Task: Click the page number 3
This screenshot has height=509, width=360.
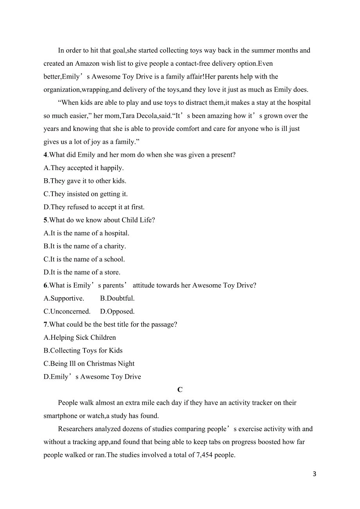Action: pyautogui.click(x=315, y=474)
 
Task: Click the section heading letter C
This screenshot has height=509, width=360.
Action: pyautogui.click(x=180, y=390)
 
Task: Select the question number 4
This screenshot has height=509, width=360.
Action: pyautogui.click(x=45, y=155)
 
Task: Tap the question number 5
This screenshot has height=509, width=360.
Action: pyautogui.click(x=45, y=220)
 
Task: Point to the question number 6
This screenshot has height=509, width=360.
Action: pyautogui.click(x=45, y=285)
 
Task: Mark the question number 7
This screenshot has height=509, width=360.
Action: pyautogui.click(x=45, y=324)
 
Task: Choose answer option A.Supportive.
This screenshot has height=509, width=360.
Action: pyautogui.click(x=64, y=298)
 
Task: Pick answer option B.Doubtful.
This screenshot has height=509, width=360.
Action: pyautogui.click(x=117, y=298)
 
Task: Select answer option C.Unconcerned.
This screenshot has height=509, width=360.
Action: pyautogui.click(x=67, y=312)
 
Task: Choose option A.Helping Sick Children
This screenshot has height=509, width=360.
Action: pyautogui.click(x=80, y=337)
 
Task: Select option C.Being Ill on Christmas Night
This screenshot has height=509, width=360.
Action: pyautogui.click(x=89, y=364)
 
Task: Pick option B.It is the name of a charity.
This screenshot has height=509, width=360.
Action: pyautogui.click(x=85, y=246)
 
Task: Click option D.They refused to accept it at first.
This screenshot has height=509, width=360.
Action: pyautogui.click(x=94, y=207)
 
